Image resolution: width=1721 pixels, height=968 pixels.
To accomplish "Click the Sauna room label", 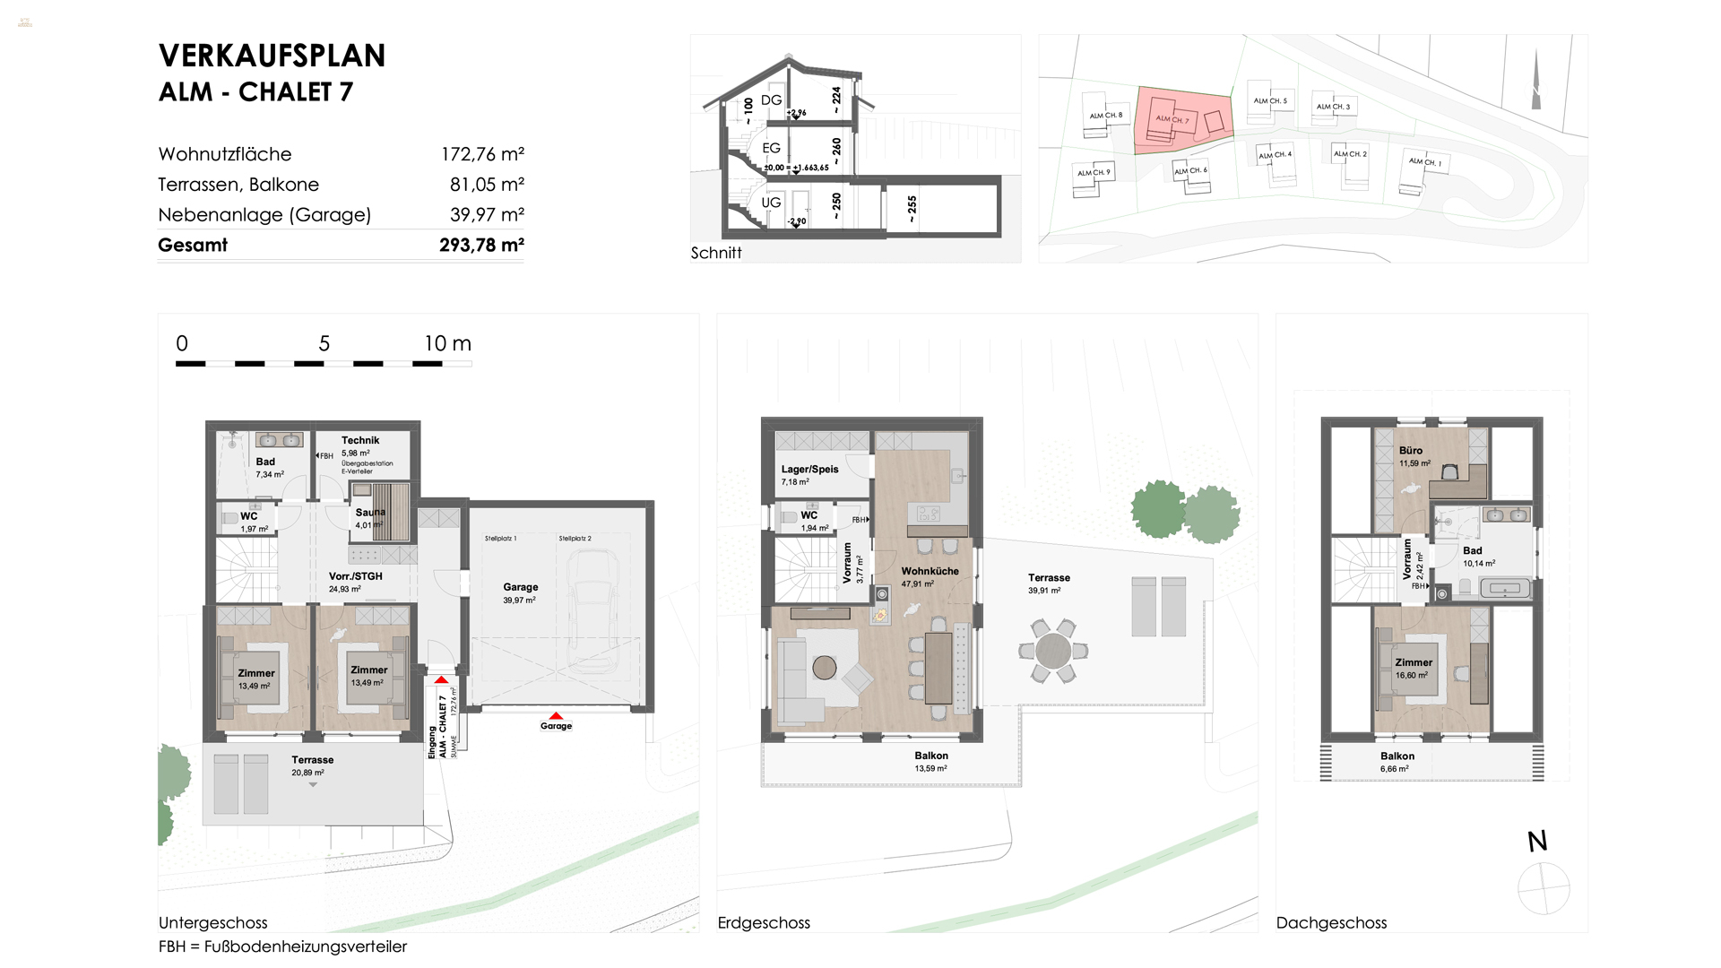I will pyautogui.click(x=370, y=513).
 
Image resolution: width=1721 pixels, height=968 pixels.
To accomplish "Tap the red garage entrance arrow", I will pyautogui.click(x=556, y=716).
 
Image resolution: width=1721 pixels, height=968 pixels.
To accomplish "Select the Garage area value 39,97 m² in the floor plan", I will pyautogui.click(x=520, y=601).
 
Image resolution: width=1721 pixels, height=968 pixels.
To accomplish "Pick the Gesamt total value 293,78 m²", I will pyautogui.click(x=481, y=245).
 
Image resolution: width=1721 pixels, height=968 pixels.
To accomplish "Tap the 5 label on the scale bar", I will pyautogui.click(x=324, y=343).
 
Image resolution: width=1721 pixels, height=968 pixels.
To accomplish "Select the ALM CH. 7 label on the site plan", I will pyautogui.click(x=1172, y=119).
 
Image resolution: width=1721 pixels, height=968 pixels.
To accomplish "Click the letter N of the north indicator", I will pyautogui.click(x=1537, y=841).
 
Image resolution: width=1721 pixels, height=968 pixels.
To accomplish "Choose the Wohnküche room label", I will pyautogui.click(x=930, y=571).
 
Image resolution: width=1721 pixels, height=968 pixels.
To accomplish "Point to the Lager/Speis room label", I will pyautogui.click(x=809, y=469).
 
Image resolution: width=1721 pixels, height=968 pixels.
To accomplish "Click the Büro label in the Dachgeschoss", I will pyautogui.click(x=1410, y=451).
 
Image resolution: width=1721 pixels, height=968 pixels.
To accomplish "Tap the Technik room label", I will pyautogui.click(x=360, y=440).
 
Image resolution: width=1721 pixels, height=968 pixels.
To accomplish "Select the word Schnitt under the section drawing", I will pyautogui.click(x=716, y=253).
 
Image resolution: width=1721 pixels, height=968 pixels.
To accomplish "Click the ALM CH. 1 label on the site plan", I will pyautogui.click(x=1424, y=162).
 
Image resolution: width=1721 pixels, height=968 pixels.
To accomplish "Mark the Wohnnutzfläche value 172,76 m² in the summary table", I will pyautogui.click(x=482, y=154).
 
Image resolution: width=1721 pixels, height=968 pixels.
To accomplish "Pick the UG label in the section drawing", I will pyautogui.click(x=771, y=203).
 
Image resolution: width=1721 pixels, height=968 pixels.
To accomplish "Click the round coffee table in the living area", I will pyautogui.click(x=825, y=668).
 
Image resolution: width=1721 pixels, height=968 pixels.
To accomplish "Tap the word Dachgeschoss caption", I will pyautogui.click(x=1331, y=922).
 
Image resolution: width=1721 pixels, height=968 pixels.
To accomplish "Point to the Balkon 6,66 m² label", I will pyautogui.click(x=1397, y=762).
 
